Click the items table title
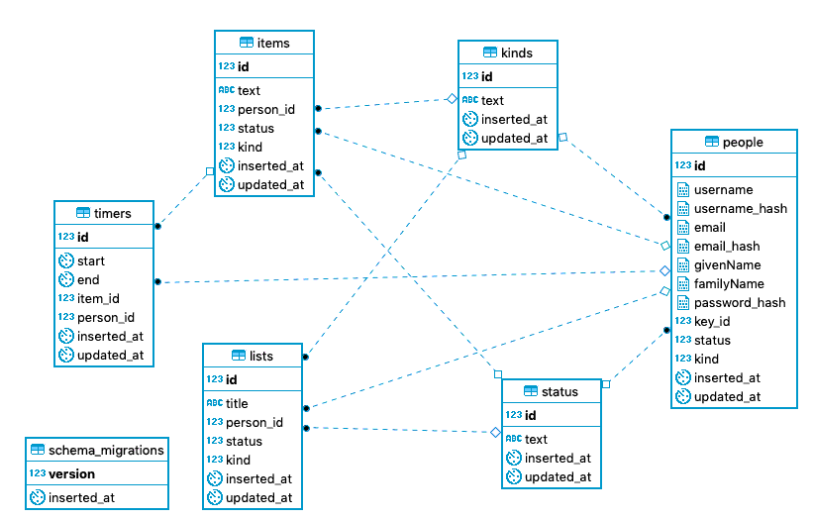(x=273, y=43)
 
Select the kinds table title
(x=517, y=52)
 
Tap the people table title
(x=743, y=142)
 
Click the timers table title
(x=112, y=213)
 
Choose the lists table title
(x=261, y=356)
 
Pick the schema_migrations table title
(x=106, y=450)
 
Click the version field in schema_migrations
(x=72, y=473)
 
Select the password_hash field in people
(x=740, y=303)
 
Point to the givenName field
(x=727, y=265)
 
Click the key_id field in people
(x=712, y=322)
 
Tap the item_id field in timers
(x=98, y=298)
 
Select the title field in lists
(x=237, y=403)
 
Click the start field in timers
(x=91, y=261)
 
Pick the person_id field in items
(x=266, y=109)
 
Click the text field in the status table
(x=536, y=439)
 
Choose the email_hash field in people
(x=727, y=247)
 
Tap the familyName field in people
(x=729, y=284)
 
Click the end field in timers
(x=88, y=280)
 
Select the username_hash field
(x=741, y=209)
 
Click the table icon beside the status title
(x=531, y=391)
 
